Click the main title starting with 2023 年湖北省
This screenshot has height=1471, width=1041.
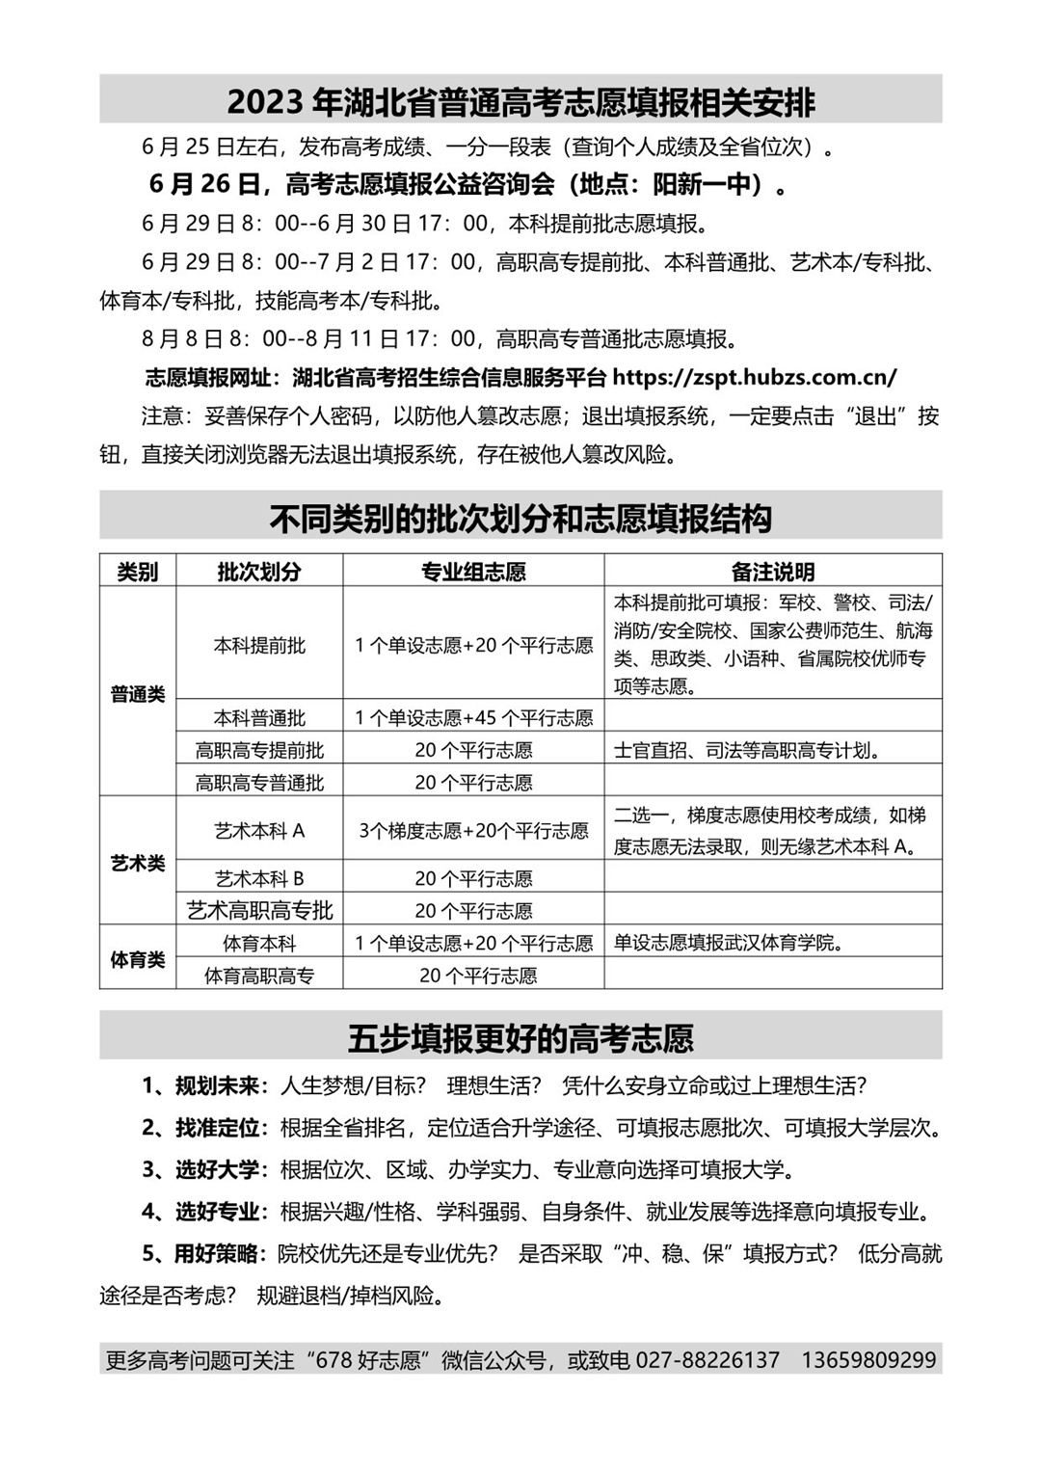tap(520, 101)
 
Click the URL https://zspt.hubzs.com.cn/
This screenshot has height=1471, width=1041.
tap(754, 377)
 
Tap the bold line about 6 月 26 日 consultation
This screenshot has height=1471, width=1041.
tap(467, 183)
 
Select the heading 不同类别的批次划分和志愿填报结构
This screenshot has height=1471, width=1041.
tap(520, 519)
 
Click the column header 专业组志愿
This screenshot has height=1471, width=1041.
tap(473, 572)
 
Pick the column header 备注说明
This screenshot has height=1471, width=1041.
tap(772, 572)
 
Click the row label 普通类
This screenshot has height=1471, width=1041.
tap(138, 694)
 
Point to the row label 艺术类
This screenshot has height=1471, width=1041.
tap(138, 863)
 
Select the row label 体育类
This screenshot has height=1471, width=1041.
tap(138, 960)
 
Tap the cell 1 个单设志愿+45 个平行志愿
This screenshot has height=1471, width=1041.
tap(473, 718)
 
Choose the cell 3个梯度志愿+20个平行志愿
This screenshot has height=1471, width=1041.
tap(473, 831)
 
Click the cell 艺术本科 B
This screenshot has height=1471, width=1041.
tap(259, 879)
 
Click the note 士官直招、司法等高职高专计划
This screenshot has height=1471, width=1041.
tap(747, 751)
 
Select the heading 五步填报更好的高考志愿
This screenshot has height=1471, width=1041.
tap(520, 1038)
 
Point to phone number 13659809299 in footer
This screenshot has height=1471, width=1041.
tap(868, 1360)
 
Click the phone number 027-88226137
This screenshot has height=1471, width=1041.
tap(707, 1360)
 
